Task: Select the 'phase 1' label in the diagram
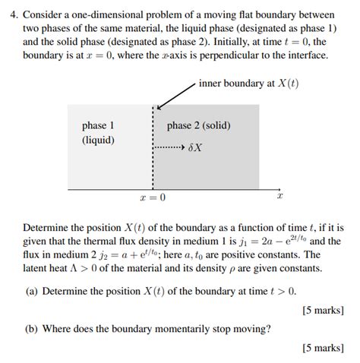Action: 98,125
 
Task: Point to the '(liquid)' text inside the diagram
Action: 98,140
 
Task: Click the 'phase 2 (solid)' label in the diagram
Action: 198,125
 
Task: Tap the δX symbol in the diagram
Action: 195,147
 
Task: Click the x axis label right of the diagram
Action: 279,196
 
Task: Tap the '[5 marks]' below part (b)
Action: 323,349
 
